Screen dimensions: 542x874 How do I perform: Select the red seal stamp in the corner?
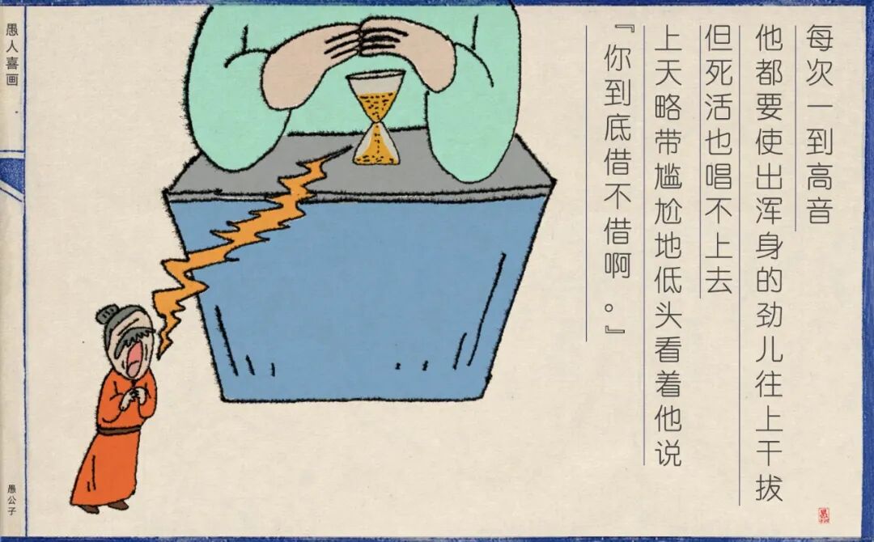824,514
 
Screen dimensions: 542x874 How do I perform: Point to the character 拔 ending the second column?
769,486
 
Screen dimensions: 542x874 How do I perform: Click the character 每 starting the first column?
818,37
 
